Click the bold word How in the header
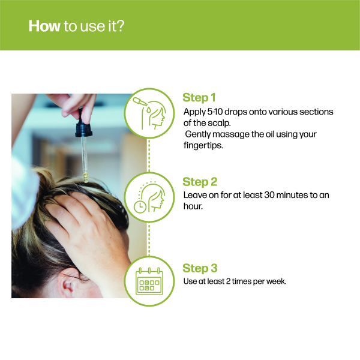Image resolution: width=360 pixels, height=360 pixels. point(44,26)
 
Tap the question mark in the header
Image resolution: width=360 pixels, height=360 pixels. point(121,26)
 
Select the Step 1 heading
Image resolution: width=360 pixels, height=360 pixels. point(199,98)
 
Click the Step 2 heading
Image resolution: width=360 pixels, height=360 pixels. point(200,182)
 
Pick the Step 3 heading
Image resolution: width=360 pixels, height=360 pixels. point(200,268)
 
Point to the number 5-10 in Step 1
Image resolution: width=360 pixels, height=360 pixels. point(215,112)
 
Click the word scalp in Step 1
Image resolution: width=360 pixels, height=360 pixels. point(218,123)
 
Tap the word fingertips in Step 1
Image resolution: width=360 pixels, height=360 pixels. point(203,146)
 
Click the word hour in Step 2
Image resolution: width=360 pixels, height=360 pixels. point(193,206)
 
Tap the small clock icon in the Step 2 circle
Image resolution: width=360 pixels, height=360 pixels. point(140,206)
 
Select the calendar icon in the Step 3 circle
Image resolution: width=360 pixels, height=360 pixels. point(149,281)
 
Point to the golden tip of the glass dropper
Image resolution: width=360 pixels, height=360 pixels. point(86,178)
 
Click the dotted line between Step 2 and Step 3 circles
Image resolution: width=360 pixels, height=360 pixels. point(149,239)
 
